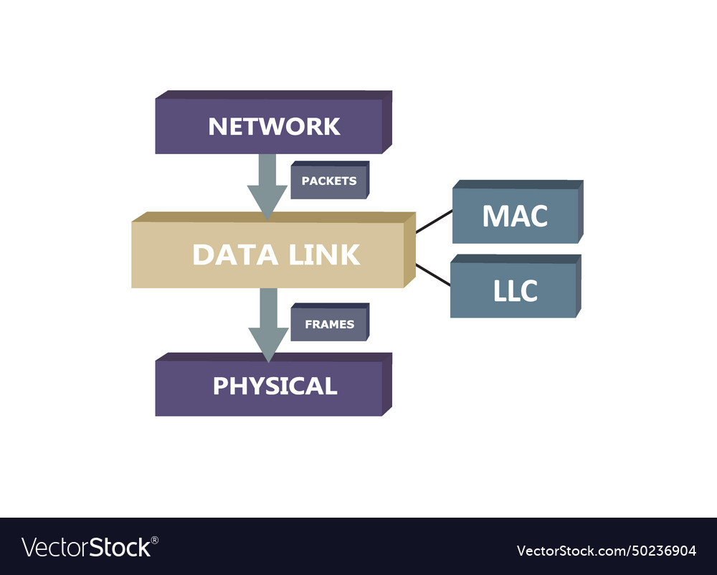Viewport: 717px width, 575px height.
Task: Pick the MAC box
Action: [516, 216]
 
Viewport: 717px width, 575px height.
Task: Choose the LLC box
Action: [513, 290]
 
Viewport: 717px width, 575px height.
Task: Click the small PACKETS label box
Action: [328, 181]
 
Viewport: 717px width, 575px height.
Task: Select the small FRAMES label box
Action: [329, 324]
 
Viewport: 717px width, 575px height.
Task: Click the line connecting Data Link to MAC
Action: [434, 222]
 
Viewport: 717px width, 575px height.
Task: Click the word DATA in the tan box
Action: [226, 255]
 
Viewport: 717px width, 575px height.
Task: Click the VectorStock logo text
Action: [86, 548]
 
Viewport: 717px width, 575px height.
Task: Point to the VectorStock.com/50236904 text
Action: [606, 551]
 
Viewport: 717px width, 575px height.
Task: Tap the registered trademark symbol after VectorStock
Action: [155, 540]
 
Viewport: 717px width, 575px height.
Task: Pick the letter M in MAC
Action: [496, 216]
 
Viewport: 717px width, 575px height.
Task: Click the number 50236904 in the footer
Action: [661, 551]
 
